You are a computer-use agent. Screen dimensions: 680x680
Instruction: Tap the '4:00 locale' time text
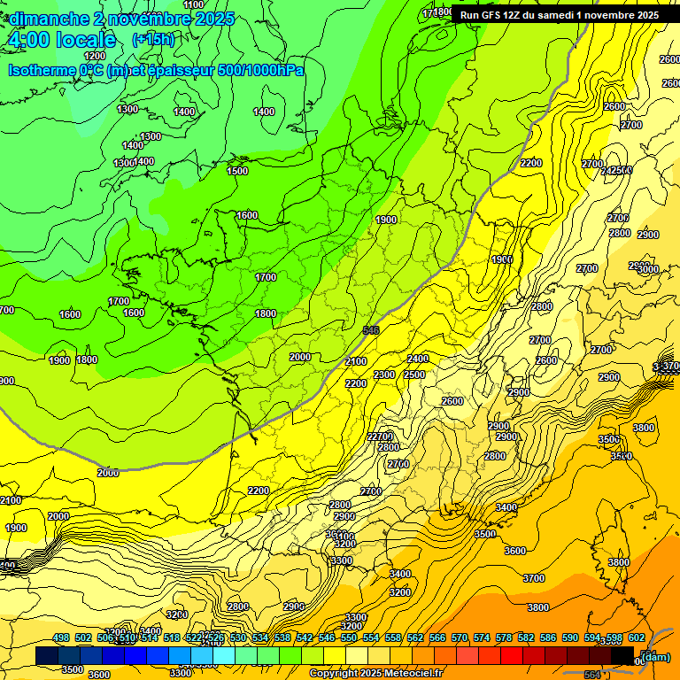(x=62, y=40)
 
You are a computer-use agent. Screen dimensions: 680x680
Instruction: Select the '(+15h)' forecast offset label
(x=153, y=40)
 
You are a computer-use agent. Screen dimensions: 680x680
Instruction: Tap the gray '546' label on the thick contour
(x=372, y=330)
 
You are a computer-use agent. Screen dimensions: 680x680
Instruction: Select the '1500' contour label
(x=237, y=171)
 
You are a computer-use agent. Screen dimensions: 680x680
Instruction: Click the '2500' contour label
(x=414, y=375)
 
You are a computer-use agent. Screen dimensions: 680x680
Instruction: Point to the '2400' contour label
(x=418, y=359)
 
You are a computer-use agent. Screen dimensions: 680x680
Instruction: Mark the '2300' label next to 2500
(x=384, y=375)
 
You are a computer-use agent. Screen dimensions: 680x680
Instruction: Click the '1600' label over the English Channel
(x=247, y=215)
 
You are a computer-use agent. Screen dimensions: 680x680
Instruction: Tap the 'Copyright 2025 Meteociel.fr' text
(x=375, y=674)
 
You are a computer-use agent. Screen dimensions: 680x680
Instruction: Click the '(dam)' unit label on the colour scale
(x=655, y=656)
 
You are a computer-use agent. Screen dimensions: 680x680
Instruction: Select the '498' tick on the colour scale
(x=61, y=638)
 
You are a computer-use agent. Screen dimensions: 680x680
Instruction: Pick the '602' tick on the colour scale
(x=637, y=638)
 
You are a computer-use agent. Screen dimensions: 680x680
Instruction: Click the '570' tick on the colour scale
(x=460, y=638)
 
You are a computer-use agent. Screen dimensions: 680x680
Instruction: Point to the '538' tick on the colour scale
(x=282, y=638)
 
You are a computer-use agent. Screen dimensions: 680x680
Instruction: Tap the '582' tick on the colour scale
(x=526, y=638)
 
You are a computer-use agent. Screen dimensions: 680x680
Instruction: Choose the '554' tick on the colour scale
(x=371, y=638)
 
